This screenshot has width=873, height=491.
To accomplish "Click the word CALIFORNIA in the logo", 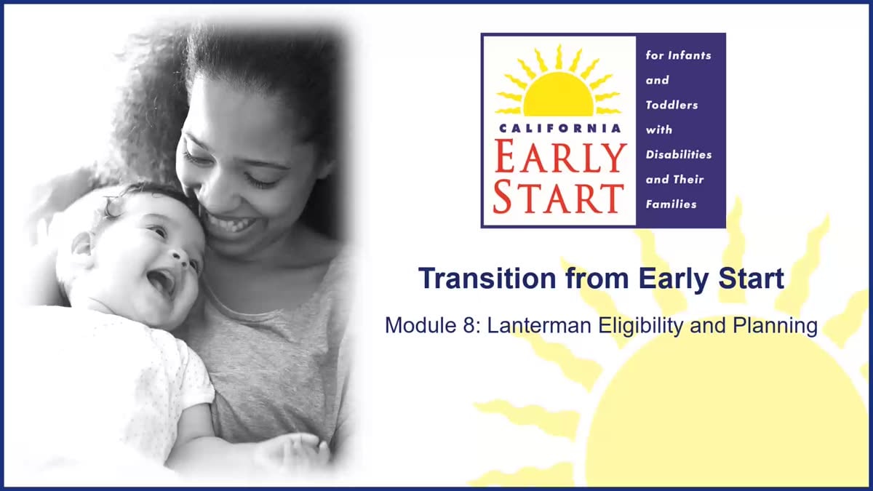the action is click(559, 128).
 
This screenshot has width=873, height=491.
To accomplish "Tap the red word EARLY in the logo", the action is click(560, 156).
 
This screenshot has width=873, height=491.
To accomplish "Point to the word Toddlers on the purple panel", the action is click(671, 105).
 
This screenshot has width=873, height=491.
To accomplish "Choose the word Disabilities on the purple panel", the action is click(679, 154).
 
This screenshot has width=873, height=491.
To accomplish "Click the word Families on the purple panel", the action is click(671, 204).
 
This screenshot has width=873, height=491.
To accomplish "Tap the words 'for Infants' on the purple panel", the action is click(678, 55).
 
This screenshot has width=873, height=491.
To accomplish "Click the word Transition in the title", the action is click(487, 278).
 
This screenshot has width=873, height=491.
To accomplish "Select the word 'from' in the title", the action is click(597, 279).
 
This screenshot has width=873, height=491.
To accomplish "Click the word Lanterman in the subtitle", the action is click(539, 325).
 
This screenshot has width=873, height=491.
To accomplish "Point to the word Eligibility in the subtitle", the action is click(641, 326).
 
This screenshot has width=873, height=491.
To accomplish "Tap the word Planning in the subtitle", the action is click(775, 326).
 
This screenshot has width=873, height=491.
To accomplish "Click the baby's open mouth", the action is click(162, 282).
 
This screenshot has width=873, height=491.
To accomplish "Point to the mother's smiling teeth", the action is click(232, 224).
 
